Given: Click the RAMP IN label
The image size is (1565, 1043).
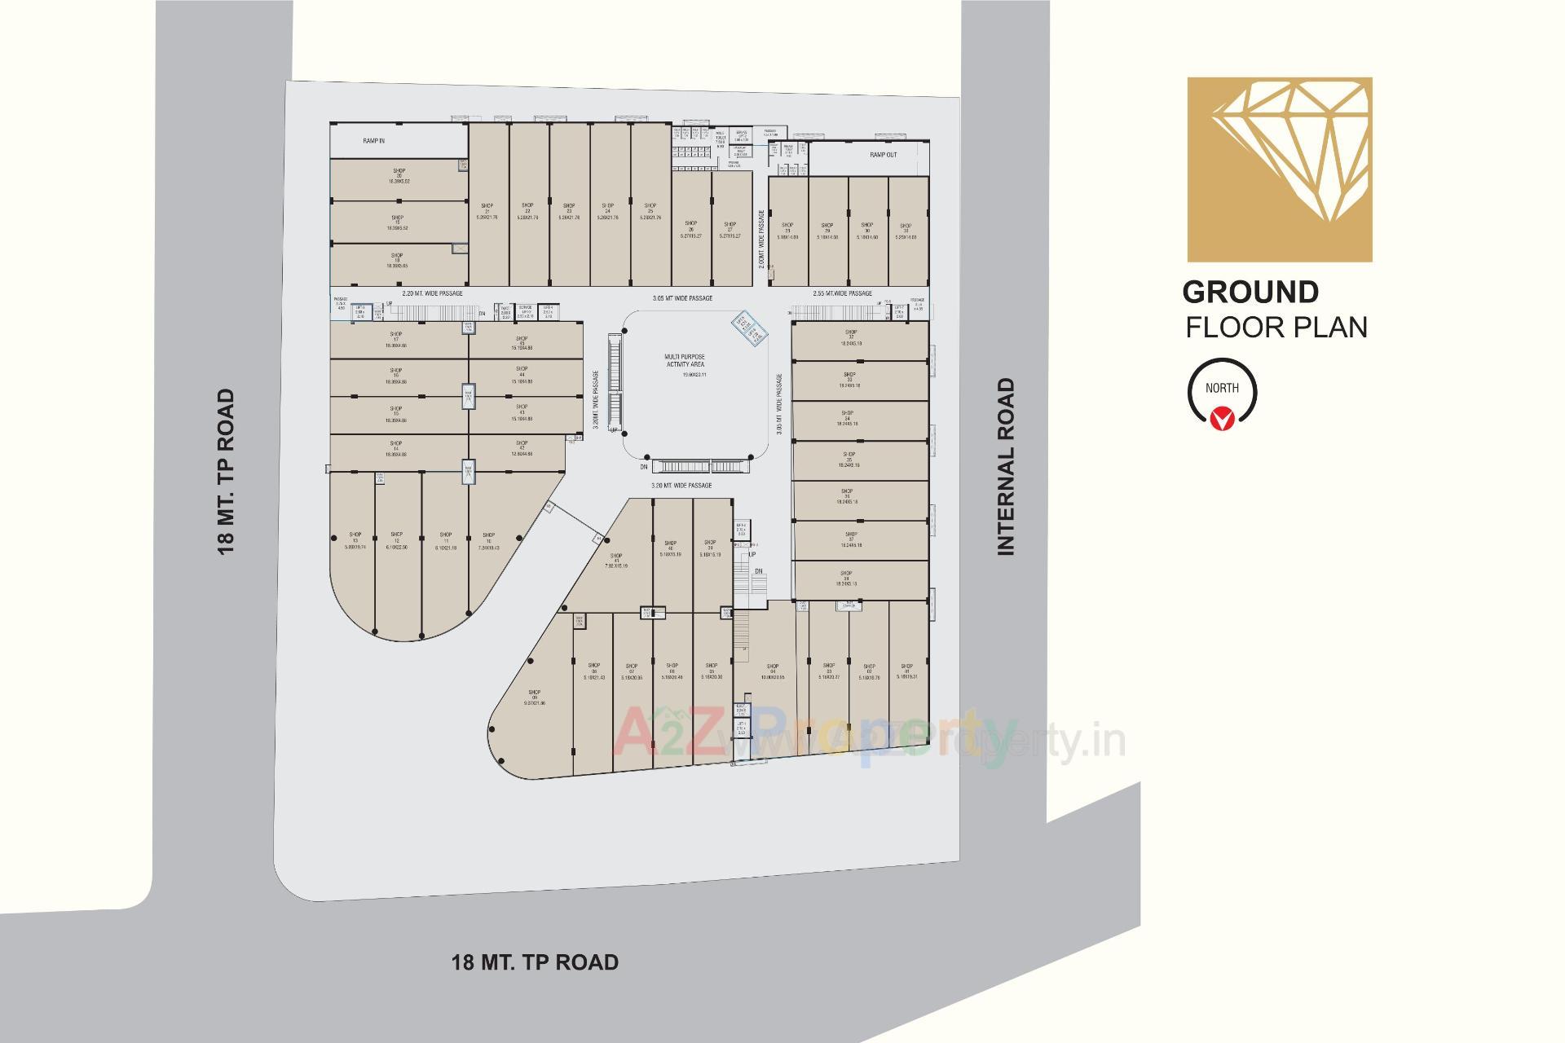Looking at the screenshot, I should point(374,141).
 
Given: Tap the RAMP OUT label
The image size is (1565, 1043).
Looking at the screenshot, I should point(883,154).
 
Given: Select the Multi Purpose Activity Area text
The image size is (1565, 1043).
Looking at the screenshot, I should point(684,361).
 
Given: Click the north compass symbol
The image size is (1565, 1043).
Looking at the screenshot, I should point(1222,394).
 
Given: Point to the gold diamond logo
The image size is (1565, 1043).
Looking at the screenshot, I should point(1279,169).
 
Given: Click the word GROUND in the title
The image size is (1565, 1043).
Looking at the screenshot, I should point(1250,292).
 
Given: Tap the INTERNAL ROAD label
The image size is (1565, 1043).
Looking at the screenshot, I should point(1007,467).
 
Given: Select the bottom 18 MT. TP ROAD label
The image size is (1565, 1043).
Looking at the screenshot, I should point(535,962).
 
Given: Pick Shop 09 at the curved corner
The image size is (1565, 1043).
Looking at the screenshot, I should point(535,697).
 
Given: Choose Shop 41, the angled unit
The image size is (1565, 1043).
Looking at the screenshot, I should point(616,561).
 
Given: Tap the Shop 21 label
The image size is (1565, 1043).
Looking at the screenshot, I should point(487,211).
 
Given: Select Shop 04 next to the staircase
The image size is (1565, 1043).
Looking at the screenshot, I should point(772,671).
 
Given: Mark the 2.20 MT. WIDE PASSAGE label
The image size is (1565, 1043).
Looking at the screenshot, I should point(432,293).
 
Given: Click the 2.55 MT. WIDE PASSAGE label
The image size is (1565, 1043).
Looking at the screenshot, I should point(842,293).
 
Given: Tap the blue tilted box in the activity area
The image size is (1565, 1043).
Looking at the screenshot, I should point(749,328).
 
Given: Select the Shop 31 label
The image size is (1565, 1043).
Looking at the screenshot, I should point(906,231).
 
